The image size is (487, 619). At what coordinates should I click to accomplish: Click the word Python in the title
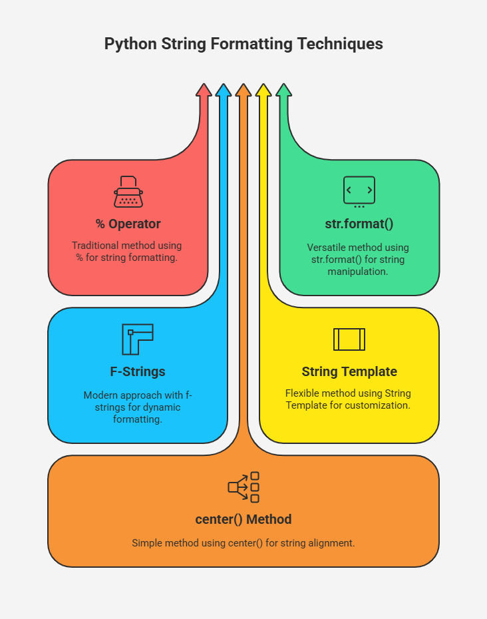pyautogui.click(x=130, y=44)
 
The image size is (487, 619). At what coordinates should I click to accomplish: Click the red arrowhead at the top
pyautogui.click(x=204, y=90)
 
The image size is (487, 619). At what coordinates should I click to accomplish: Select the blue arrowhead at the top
pyautogui.click(x=224, y=90)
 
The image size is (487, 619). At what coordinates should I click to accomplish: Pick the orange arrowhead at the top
pyautogui.click(x=243, y=90)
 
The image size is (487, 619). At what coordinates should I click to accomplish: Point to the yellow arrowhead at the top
pyautogui.click(x=263, y=90)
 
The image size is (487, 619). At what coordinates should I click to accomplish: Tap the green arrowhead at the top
pyautogui.click(x=284, y=90)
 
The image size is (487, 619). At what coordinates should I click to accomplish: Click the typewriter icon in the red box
pyautogui.click(x=128, y=192)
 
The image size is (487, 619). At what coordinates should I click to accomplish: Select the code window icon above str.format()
pyautogui.click(x=359, y=192)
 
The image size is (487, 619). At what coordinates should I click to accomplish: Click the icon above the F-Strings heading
pyautogui.click(x=137, y=339)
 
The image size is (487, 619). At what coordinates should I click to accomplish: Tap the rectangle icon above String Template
pyautogui.click(x=349, y=339)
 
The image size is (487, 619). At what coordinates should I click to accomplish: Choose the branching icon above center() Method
pyautogui.click(x=243, y=487)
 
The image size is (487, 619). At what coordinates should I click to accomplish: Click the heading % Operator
pyautogui.click(x=128, y=224)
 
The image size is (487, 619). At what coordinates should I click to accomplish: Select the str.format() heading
pyautogui.click(x=359, y=224)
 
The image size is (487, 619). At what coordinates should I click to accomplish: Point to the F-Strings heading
pyautogui.click(x=138, y=371)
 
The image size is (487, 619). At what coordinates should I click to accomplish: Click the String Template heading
pyautogui.click(x=349, y=371)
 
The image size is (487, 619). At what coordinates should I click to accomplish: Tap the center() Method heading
pyautogui.click(x=243, y=519)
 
